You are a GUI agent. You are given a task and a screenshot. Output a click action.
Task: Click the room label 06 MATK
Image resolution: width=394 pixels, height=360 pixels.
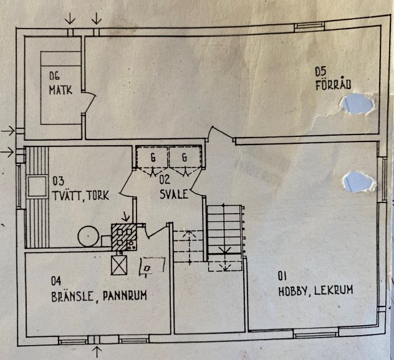point(60,83)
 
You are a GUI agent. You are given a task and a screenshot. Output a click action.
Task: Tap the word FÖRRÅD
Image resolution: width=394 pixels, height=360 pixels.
point(333,85)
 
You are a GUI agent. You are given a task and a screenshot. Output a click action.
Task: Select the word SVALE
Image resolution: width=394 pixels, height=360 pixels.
point(174,194)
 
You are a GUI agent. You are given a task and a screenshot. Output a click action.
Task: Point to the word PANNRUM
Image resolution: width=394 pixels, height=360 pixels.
point(125,296)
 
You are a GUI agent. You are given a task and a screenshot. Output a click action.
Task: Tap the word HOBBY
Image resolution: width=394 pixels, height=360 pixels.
point(293,291)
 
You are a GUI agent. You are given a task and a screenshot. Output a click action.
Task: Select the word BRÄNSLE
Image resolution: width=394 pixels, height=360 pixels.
point(72,296)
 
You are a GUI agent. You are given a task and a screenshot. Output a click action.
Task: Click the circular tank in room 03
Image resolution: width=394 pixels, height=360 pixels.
point(88,237)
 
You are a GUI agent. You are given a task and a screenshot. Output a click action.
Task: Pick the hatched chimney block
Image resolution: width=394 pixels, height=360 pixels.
point(124,237)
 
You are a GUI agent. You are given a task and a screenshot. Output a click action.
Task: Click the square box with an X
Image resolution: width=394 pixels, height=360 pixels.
point(119,265)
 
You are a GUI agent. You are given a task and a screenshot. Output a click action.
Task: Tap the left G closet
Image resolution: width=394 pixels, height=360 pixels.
point(152,158)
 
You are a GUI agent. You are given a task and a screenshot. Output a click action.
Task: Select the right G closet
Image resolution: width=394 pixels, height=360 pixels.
point(185,158)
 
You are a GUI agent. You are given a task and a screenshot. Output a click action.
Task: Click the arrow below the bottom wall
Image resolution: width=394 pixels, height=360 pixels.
point(97,352)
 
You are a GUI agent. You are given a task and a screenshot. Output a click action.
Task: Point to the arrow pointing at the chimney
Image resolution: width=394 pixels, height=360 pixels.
point(125,217)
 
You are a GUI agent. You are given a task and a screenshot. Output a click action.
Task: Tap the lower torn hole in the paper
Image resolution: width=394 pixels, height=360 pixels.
point(358,182)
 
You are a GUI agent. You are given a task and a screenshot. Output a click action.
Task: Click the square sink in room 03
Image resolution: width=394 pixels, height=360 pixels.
point(37,186)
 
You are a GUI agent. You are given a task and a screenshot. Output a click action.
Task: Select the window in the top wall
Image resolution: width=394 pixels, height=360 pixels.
point(309,26)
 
